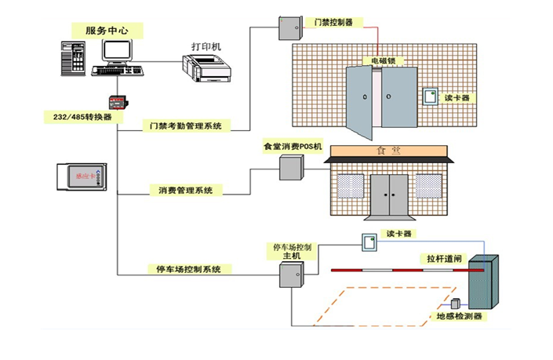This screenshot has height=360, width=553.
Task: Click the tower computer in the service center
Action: coord(75,58)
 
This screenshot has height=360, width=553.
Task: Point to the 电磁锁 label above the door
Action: coord(383,60)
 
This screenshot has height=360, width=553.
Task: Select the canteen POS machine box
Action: coord(291,167)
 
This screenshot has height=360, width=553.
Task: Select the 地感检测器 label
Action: coord(460,317)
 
